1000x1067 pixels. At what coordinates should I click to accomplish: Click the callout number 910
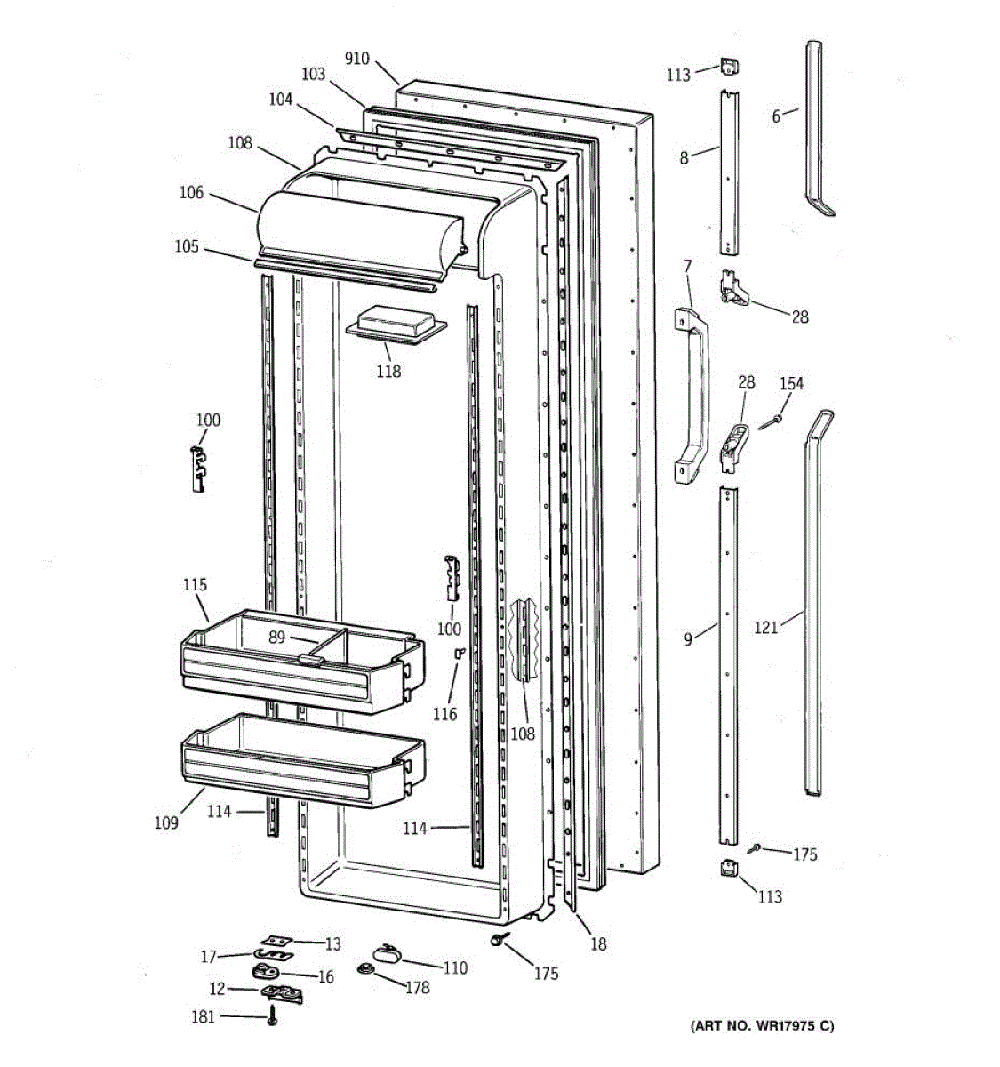click(x=357, y=60)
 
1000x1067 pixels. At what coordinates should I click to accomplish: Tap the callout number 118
click(x=388, y=371)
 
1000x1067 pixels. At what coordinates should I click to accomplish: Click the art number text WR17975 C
click(x=763, y=1026)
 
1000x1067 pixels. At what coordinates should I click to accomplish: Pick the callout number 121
click(x=766, y=628)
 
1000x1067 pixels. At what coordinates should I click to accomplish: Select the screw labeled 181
click(x=272, y=1020)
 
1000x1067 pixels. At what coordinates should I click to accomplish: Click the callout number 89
click(x=276, y=637)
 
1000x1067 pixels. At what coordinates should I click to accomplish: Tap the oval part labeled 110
click(x=388, y=954)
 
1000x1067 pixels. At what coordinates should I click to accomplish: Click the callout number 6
click(x=776, y=116)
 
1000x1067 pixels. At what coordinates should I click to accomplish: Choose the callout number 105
click(x=187, y=246)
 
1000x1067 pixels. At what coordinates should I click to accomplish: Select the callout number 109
click(x=166, y=822)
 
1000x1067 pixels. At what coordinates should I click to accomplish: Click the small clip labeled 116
click(x=460, y=654)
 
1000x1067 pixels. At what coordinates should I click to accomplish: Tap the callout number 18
click(x=599, y=944)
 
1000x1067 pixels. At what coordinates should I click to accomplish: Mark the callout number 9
click(x=688, y=639)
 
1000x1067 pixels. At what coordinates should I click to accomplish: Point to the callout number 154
click(x=791, y=383)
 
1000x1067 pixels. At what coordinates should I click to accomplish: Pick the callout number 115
click(x=196, y=585)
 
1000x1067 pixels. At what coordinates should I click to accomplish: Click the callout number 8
click(x=684, y=158)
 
